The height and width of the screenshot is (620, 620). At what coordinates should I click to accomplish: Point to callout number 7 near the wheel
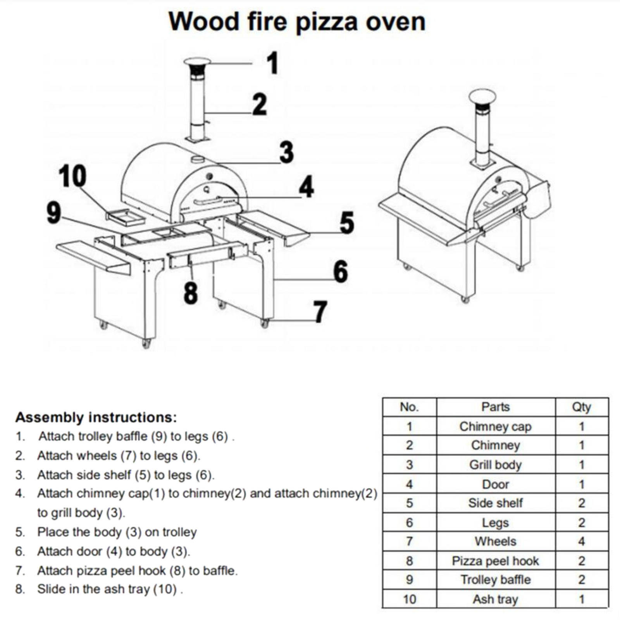tap(320, 312)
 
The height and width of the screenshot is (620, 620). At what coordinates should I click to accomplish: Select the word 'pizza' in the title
tap(326, 22)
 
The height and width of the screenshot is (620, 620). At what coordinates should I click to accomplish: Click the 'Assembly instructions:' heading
tap(96, 417)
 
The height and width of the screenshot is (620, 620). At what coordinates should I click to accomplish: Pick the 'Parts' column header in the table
tap(496, 407)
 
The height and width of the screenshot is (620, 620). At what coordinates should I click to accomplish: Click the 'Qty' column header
tap(581, 407)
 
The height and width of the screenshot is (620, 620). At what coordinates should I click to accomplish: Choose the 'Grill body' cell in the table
tap(496, 465)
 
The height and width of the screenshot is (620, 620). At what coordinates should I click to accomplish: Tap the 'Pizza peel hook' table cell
tap(496, 561)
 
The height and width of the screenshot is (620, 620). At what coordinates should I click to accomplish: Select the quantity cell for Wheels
tap(582, 541)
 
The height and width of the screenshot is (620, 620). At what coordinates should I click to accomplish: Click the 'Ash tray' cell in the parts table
tap(496, 599)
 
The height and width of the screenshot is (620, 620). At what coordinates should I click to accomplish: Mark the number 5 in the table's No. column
tap(410, 503)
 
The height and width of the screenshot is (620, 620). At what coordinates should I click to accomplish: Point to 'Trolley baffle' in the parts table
tap(496, 580)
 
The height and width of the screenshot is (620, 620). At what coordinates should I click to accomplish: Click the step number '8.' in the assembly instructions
tap(21, 589)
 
